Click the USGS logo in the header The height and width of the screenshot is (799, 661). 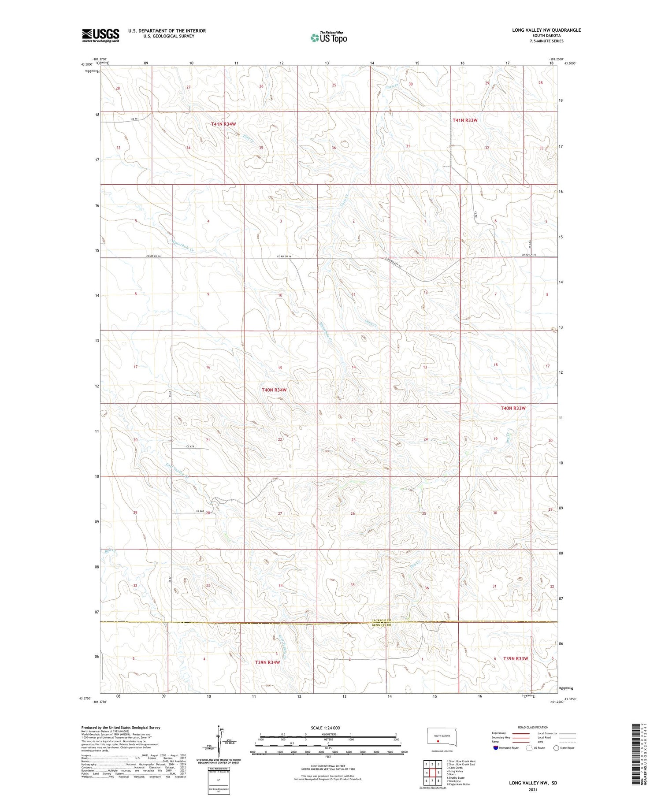[100, 35]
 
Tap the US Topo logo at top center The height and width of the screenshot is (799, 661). [329, 38]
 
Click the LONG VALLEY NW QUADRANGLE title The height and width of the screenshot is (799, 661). [546, 30]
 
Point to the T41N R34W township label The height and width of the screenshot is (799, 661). [223, 124]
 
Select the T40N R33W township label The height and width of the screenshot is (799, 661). [513, 408]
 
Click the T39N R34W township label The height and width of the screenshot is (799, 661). [267, 662]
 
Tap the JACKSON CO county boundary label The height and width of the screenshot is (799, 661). [382, 621]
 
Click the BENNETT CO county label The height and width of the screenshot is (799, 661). [382, 625]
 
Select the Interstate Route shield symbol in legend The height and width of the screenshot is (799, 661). [496, 748]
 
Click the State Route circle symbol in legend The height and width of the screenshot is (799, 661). [556, 748]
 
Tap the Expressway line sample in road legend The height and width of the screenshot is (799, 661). [520, 733]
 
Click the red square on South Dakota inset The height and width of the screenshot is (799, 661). [438, 741]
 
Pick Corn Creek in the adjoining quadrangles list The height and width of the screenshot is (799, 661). [455, 768]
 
